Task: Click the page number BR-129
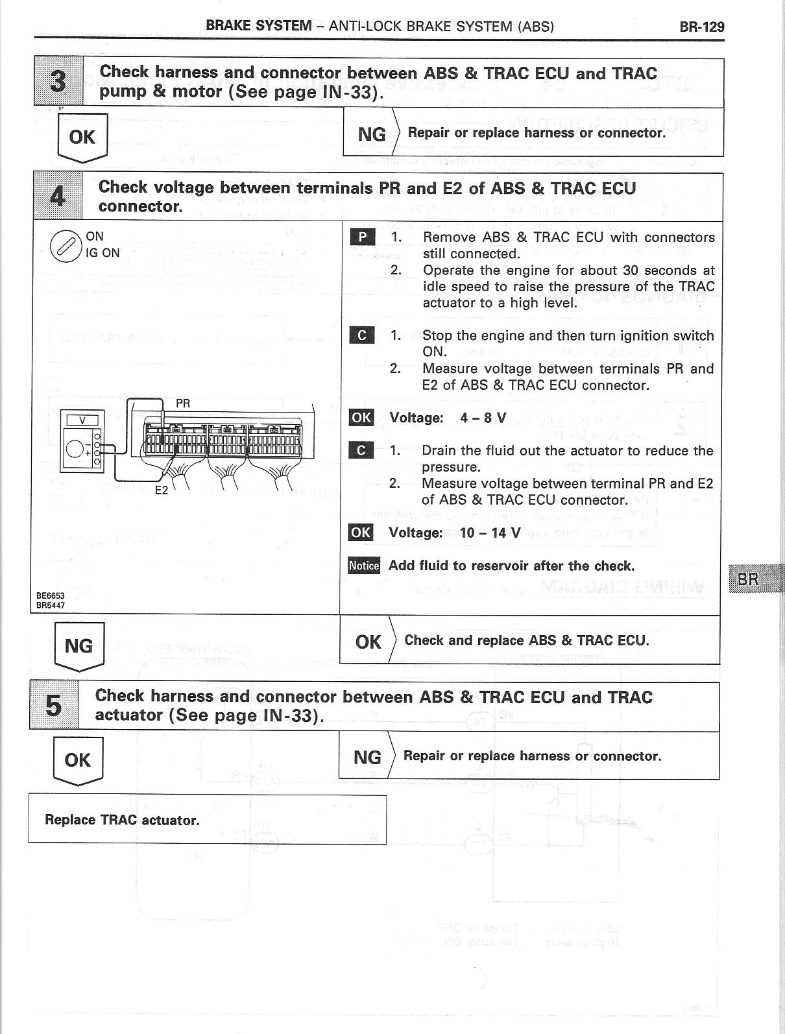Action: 701,27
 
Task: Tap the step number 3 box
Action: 58,82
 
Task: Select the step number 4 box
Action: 58,197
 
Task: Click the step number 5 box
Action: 54,706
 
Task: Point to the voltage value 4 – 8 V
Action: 483,418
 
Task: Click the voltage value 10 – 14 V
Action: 490,533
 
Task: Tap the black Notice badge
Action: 363,566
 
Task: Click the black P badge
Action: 362,237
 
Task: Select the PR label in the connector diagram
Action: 183,403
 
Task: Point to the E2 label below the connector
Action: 161,490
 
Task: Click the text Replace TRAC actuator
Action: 122,820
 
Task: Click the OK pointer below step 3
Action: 82,138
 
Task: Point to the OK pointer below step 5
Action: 77,760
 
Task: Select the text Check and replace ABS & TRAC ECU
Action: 526,640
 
